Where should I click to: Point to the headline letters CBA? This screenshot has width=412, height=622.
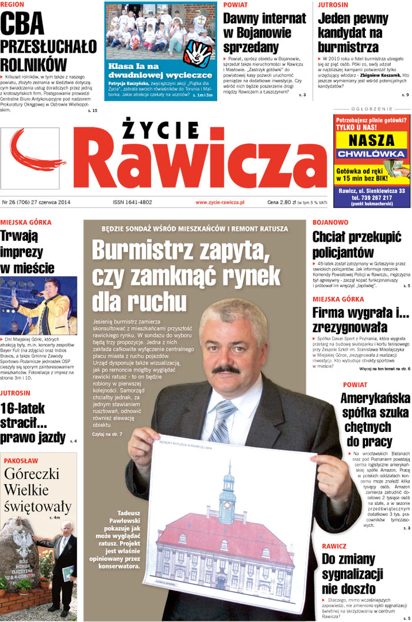22,24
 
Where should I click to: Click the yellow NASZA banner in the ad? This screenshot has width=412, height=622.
371,141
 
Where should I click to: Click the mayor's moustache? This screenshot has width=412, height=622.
225,369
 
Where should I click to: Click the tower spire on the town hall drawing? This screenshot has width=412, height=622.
227,471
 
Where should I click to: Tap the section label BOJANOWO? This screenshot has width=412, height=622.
330,223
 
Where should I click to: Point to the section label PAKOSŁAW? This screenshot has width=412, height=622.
21,460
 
